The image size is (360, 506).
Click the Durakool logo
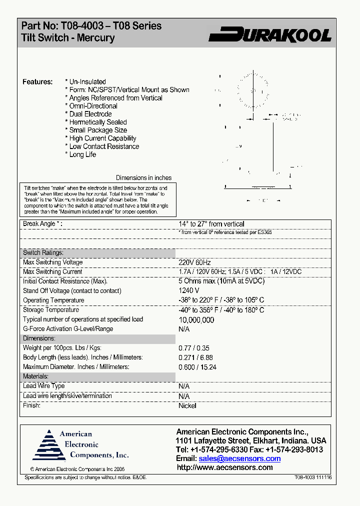pos(270,34)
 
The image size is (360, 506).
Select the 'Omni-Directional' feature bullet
pos(93,106)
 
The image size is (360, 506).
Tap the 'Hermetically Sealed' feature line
pos(97,122)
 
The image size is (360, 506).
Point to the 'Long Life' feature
pos(82,154)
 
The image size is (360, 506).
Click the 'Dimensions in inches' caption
pos(143,178)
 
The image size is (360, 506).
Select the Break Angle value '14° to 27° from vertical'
pos(211,224)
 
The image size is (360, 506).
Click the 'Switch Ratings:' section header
pos(43,253)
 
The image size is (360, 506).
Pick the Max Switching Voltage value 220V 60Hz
pos(195,262)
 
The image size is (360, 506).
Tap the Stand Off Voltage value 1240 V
pos(189,290)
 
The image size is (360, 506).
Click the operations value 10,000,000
pos(196,320)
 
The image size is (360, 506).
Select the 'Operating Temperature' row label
pos(53,300)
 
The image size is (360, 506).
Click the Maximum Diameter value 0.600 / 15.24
pos(197,367)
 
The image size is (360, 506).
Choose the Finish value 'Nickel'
pos(187,405)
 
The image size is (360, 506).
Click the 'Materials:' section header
pos(36,376)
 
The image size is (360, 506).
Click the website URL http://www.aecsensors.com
pos(225,467)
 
